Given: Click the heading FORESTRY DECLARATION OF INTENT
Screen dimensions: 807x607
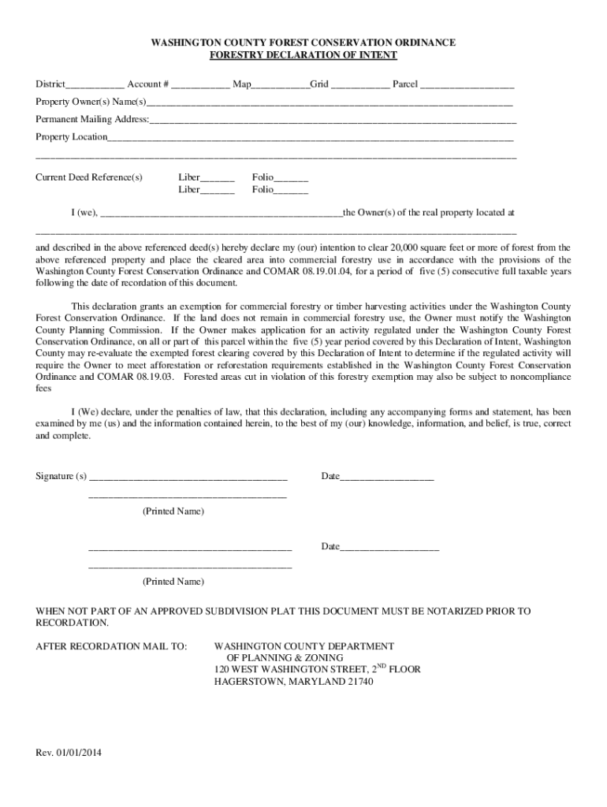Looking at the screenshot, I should pyautogui.click(x=303, y=55).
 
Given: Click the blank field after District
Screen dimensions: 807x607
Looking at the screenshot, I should pyautogui.click(x=95, y=85).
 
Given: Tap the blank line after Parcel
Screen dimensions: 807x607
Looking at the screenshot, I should pyautogui.click(x=467, y=85).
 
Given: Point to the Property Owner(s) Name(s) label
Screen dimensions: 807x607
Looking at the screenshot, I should pyautogui.click(x=91, y=102).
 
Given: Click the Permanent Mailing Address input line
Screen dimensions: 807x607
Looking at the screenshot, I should pyautogui.click(x=333, y=121).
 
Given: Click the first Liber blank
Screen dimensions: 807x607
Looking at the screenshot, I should pyautogui.click(x=217, y=179).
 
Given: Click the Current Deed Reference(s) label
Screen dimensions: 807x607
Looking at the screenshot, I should pyautogui.click(x=89, y=177).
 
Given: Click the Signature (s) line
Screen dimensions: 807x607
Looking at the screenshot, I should pyautogui.click(x=188, y=478).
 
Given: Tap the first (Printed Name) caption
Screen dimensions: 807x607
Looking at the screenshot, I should pyautogui.click(x=173, y=511).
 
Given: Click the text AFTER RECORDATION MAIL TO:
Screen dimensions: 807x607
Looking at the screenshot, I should pyautogui.click(x=111, y=646).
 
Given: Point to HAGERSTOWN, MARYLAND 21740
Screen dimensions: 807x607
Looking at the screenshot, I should pyautogui.click(x=294, y=682).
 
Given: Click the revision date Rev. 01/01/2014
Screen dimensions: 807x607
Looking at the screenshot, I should pyautogui.click(x=69, y=753).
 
